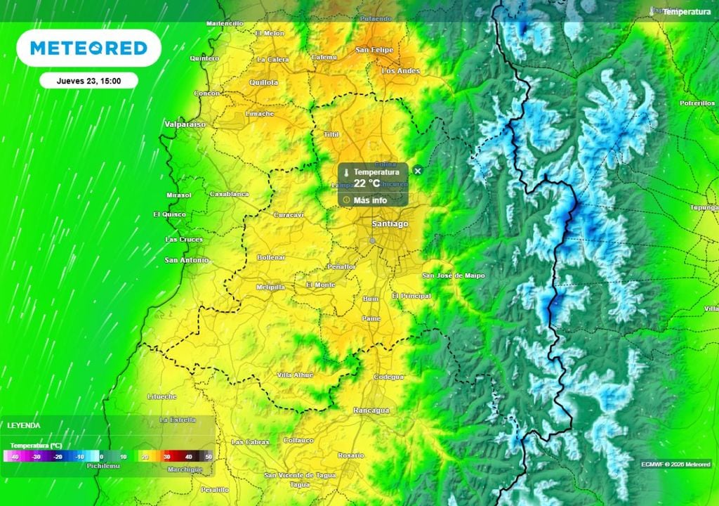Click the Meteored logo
[88, 48]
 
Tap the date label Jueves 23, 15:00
[88, 81]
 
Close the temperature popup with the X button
[418, 171]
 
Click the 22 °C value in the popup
[367, 183]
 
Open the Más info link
[370, 200]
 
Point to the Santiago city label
[390, 223]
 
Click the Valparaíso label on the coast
[185, 124]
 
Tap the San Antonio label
[186, 260]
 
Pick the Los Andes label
[400, 71]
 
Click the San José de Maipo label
[454, 275]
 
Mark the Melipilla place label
[270, 287]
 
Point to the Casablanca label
[229, 194]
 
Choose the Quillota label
[264, 82]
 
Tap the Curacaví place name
[289, 214]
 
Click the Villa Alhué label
[295, 375]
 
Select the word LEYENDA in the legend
[24, 425]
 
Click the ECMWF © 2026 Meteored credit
[675, 464]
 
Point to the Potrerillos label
[697, 103]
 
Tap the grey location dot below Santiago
[372, 241]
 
